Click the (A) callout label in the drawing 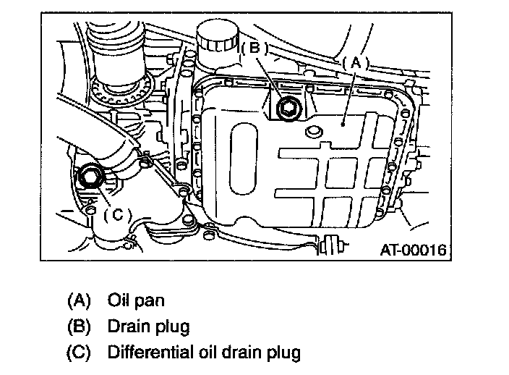click(356, 63)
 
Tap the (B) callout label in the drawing click(255, 48)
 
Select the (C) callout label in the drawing click(118, 215)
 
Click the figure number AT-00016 click(414, 250)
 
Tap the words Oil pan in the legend click(136, 301)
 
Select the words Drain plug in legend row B click(149, 327)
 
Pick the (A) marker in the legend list click(79, 300)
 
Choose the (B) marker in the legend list click(79, 326)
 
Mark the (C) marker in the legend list click(79, 353)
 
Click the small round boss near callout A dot click(314, 131)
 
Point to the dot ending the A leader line click(343, 124)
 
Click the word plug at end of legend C click(283, 353)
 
